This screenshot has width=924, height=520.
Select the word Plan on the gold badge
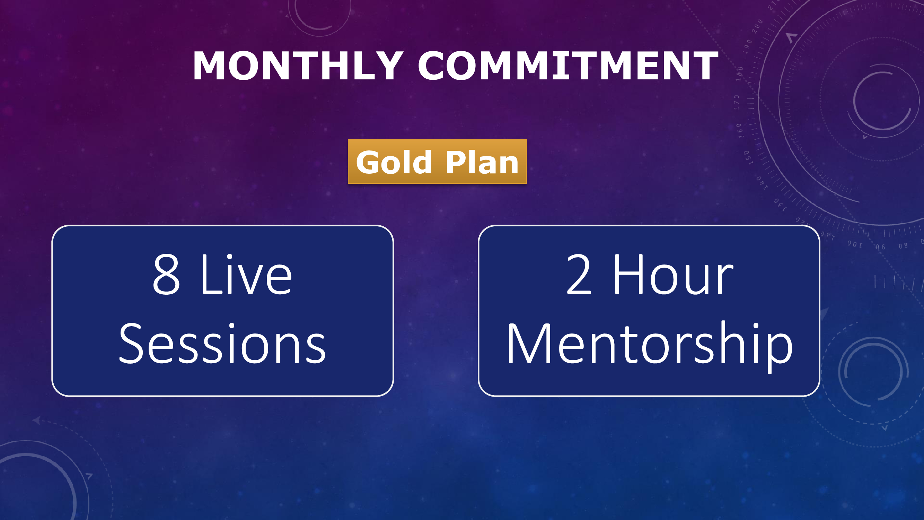[x=483, y=162]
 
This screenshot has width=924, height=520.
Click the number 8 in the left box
[x=166, y=274]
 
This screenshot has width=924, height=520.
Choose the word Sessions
[x=222, y=343]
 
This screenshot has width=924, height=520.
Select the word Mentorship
[x=650, y=347]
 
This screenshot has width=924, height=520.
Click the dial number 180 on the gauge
[x=739, y=74]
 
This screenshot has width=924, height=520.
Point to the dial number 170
[x=737, y=102]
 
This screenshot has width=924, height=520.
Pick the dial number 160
[x=739, y=131]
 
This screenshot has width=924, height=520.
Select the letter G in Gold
[x=368, y=163]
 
